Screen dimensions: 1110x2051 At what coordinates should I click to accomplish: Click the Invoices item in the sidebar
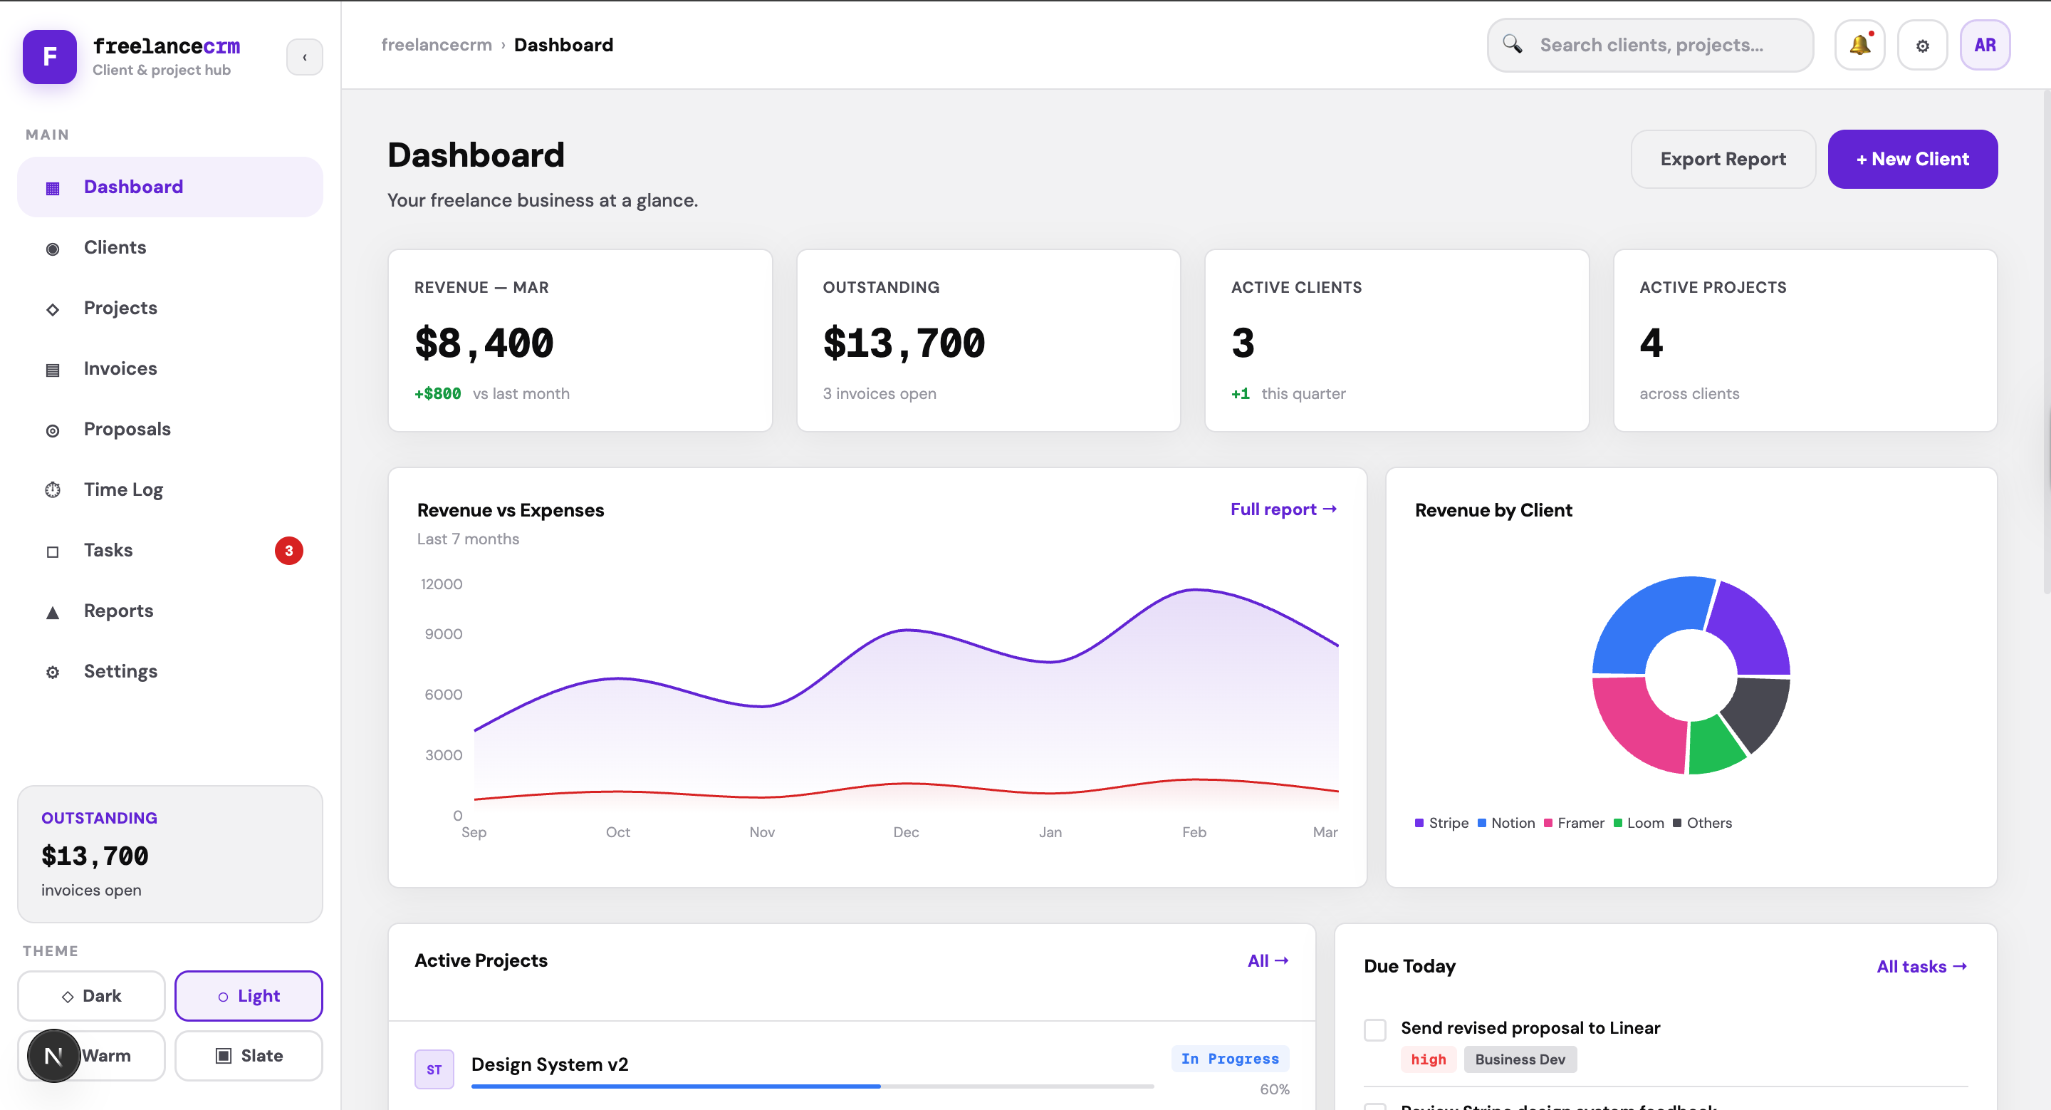click(120, 368)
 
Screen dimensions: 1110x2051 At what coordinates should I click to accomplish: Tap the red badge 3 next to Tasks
click(288, 550)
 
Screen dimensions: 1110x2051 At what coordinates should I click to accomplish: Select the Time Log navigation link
click(123, 489)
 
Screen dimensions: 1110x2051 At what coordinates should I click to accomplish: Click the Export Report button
click(1722, 160)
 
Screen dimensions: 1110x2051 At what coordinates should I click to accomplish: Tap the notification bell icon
click(1859, 46)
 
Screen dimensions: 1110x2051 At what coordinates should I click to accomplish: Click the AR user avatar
click(1984, 46)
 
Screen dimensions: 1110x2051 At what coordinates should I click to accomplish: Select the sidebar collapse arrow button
click(304, 57)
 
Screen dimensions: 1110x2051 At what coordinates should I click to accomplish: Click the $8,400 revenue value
click(484, 343)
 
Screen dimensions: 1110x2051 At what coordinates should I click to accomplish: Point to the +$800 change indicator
click(437, 393)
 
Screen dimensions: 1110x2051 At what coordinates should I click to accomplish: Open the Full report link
click(1283, 509)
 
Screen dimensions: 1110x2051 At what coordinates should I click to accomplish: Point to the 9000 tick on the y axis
click(443, 634)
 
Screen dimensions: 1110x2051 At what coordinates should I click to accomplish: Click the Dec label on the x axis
click(905, 832)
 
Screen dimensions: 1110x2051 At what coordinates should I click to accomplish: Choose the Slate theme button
click(249, 1056)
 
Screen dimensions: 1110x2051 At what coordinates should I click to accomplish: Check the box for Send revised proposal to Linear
click(1374, 1029)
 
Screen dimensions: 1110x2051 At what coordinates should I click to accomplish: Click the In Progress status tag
click(1229, 1059)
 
